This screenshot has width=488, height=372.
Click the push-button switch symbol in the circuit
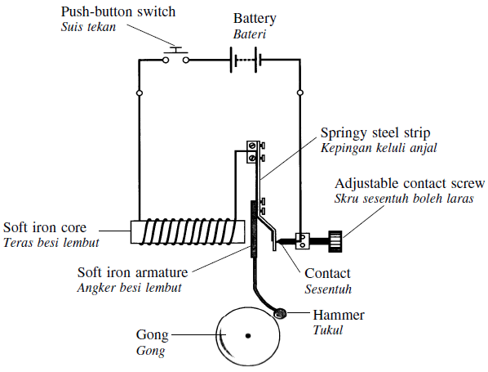pyautogui.click(x=175, y=56)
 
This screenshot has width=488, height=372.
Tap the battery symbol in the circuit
pyautogui.click(x=246, y=60)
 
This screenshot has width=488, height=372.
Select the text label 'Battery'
pyautogui.click(x=255, y=19)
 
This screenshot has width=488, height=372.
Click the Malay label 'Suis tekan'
pyautogui.click(x=88, y=27)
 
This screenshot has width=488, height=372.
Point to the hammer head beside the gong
pyautogui.click(x=281, y=313)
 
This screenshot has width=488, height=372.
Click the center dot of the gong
pyautogui.click(x=248, y=336)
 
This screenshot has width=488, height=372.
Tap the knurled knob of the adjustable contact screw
pyautogui.click(x=335, y=241)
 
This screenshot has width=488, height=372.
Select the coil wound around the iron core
pyautogui.click(x=188, y=231)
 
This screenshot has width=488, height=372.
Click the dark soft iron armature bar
pyautogui.click(x=254, y=229)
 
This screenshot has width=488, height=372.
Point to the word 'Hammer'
pyautogui.click(x=339, y=315)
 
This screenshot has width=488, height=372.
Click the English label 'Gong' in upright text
pyautogui.click(x=152, y=335)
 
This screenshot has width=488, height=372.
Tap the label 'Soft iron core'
pyautogui.click(x=45, y=227)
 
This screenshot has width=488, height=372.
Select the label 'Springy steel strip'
pyautogui.click(x=375, y=133)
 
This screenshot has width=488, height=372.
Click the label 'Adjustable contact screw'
pyautogui.click(x=410, y=184)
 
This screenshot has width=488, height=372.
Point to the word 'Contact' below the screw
pyautogui.click(x=327, y=273)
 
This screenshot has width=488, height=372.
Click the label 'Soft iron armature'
pyautogui.click(x=132, y=272)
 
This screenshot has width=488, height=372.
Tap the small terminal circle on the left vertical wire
pyautogui.click(x=140, y=93)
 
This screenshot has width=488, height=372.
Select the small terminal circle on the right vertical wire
pyautogui.click(x=300, y=92)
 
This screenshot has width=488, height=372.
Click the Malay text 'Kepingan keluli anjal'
pyautogui.click(x=379, y=148)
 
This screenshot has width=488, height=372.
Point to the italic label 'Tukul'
pyautogui.click(x=328, y=330)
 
